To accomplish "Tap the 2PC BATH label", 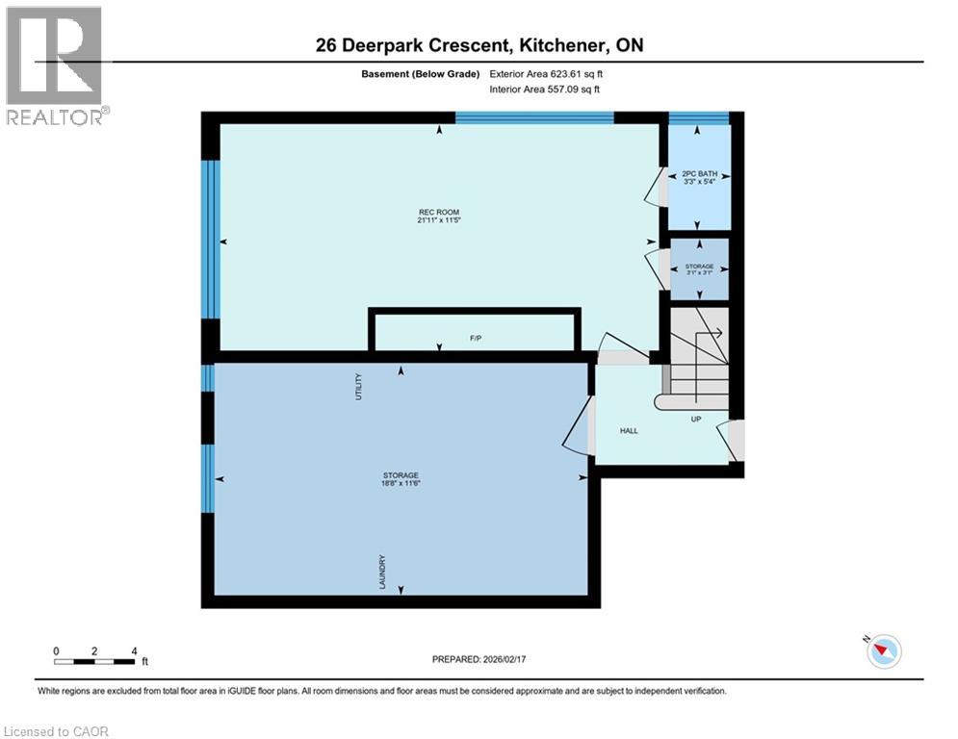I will [x=699, y=174].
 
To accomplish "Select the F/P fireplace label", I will [x=475, y=339].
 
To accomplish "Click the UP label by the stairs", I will [x=694, y=420].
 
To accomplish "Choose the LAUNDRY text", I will [x=382, y=571].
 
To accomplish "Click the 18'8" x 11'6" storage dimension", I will [x=401, y=484].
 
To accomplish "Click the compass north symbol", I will [x=883, y=652].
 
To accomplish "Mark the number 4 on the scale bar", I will [x=134, y=650].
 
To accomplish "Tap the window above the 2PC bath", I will [x=698, y=118].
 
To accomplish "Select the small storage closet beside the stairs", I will [x=699, y=269].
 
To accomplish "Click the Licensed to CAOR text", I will [x=56, y=731].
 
